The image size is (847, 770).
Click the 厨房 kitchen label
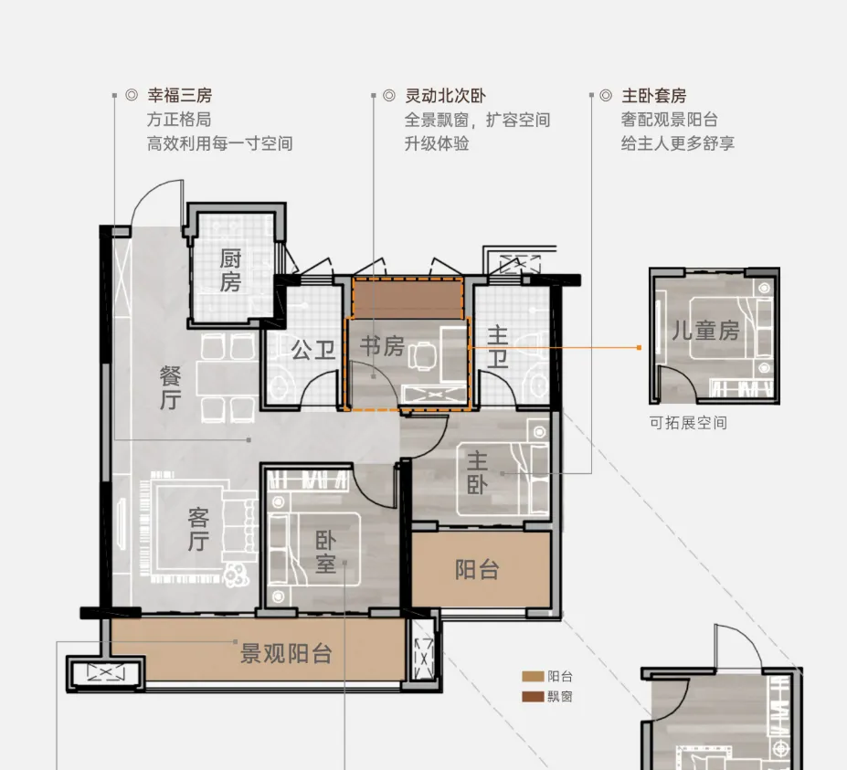[x=230, y=270]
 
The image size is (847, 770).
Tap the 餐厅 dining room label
[x=170, y=387]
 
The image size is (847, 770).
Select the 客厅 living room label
[x=198, y=529]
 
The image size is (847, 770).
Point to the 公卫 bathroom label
[x=313, y=351]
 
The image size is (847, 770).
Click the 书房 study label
[x=383, y=346]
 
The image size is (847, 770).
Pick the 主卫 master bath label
[x=497, y=347]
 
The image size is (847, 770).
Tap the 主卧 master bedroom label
[x=478, y=473]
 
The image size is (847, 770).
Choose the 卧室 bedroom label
[x=325, y=552]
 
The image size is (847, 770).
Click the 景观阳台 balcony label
[x=286, y=653]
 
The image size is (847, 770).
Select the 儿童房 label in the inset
[x=705, y=330]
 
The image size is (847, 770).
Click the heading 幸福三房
[x=180, y=96]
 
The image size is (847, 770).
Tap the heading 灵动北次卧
[x=446, y=96]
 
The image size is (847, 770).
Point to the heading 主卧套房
[x=654, y=96]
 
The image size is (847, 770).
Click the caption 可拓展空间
[x=688, y=422]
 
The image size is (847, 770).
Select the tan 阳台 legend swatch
[x=533, y=677]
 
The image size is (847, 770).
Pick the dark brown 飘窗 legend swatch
[x=533, y=697]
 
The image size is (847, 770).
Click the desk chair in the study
[x=422, y=356]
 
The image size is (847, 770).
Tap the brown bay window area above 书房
[x=408, y=299]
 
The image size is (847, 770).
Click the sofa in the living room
[x=239, y=528]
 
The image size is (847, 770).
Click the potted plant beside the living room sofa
[x=236, y=575]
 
